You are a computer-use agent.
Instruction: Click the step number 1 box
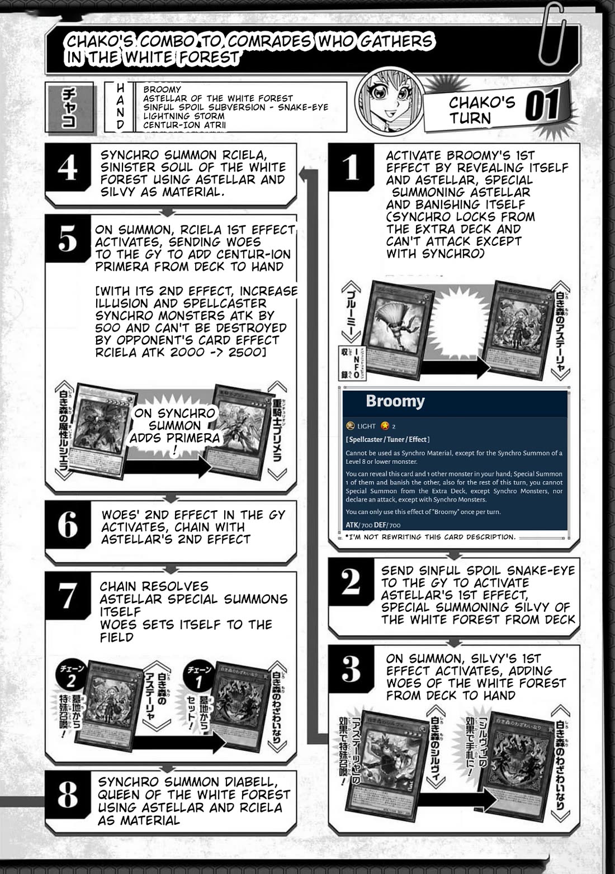(x=351, y=167)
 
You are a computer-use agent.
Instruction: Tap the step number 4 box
(x=68, y=167)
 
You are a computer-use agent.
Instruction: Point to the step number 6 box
(x=68, y=525)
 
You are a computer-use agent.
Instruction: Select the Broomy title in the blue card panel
(x=395, y=401)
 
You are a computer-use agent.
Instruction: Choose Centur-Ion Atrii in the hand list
(x=184, y=125)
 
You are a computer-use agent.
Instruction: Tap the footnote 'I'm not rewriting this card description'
(x=429, y=537)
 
